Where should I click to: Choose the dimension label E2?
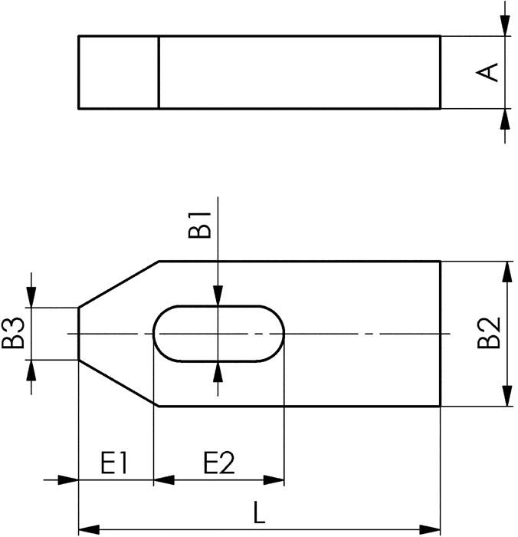pyautogui.click(x=218, y=463)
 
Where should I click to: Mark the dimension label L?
pyautogui.click(x=260, y=512)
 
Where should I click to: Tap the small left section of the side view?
pyautogui.click(x=119, y=71)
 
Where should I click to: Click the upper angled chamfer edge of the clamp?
pyautogui.click(x=119, y=284)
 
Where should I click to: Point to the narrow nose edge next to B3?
pyautogui.click(x=79, y=334)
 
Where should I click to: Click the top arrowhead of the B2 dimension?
pyautogui.click(x=507, y=270)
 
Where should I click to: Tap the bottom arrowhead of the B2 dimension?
pyautogui.click(x=507, y=397)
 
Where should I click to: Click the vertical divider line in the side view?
pyautogui.click(x=159, y=71)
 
